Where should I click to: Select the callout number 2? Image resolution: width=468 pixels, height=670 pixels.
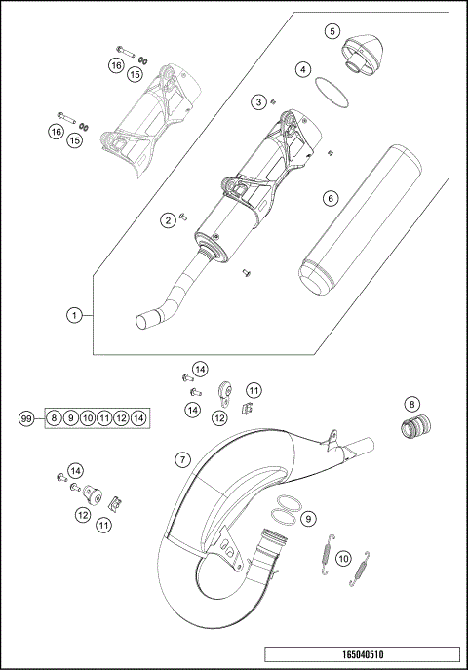[168, 220]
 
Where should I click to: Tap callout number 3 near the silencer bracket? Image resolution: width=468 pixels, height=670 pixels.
[258, 101]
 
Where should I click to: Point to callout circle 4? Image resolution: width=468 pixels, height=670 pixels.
[304, 70]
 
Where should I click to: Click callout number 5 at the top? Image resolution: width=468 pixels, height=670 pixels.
[332, 31]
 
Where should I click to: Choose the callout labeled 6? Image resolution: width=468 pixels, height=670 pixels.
[331, 198]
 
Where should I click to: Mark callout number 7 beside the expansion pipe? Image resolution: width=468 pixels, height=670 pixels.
[182, 458]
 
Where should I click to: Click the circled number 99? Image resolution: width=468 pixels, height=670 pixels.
[27, 418]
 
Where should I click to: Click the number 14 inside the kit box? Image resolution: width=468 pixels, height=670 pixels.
[139, 418]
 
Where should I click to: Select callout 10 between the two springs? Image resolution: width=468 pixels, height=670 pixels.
[342, 558]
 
